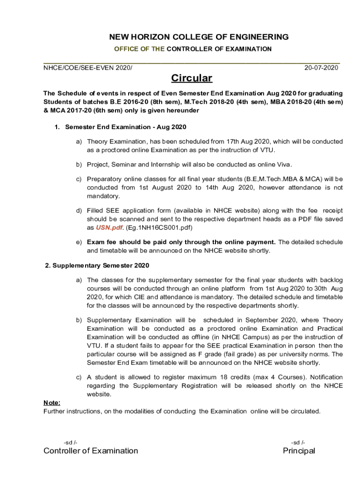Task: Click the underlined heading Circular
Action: click(191, 78)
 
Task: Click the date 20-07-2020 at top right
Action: click(321, 68)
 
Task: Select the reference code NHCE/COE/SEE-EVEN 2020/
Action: click(88, 68)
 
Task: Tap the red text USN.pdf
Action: click(110, 228)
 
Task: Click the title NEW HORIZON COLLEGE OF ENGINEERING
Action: click(192, 37)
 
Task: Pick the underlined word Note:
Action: click(52, 403)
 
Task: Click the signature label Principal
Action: click(299, 451)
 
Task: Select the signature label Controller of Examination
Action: click(91, 451)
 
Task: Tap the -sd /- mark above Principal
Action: click(298, 443)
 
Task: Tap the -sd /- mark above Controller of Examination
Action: click(70, 443)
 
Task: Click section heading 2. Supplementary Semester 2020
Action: click(97, 266)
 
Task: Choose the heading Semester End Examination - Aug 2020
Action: click(126, 127)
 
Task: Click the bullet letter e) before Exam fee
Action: click(79, 242)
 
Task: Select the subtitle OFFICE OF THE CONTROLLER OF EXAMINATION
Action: click(193, 49)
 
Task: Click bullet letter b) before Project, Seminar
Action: click(79, 164)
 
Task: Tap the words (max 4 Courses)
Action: click(262, 377)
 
